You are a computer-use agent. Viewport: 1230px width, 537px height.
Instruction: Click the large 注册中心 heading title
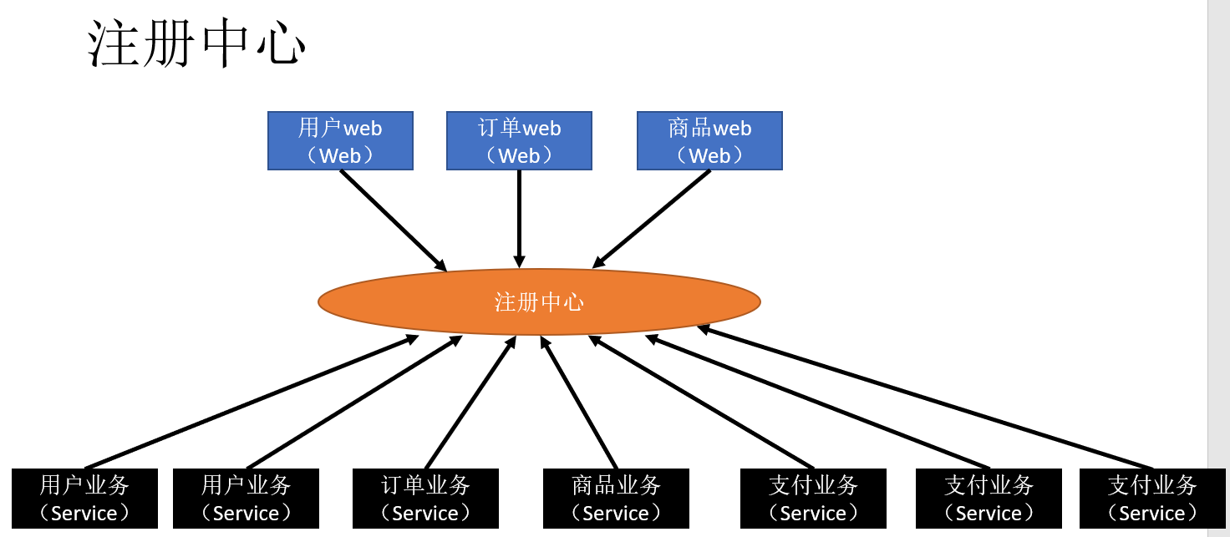(x=197, y=43)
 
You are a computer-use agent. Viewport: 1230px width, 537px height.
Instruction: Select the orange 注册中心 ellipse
(x=539, y=301)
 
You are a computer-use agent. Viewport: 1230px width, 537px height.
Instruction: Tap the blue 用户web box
(x=340, y=141)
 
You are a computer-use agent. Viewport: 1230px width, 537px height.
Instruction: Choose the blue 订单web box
(x=519, y=141)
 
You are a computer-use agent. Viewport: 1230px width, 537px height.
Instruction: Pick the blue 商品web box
(x=709, y=141)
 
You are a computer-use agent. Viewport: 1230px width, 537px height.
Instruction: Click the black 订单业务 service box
(x=425, y=499)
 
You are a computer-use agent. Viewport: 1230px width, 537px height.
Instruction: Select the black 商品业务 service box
(x=616, y=499)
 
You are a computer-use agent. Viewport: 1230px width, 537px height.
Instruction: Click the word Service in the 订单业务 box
(x=425, y=513)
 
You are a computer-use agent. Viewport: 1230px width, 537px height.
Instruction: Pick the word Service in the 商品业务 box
(x=616, y=513)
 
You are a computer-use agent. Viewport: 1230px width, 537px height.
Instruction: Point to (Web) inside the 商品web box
(x=709, y=155)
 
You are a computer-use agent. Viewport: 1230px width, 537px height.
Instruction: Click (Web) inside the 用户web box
(x=340, y=155)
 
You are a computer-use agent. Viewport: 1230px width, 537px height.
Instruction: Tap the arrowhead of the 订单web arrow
(x=519, y=262)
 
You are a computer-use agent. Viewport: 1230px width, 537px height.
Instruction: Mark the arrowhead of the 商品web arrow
(x=598, y=263)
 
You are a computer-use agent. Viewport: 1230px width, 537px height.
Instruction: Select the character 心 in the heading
(x=280, y=43)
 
